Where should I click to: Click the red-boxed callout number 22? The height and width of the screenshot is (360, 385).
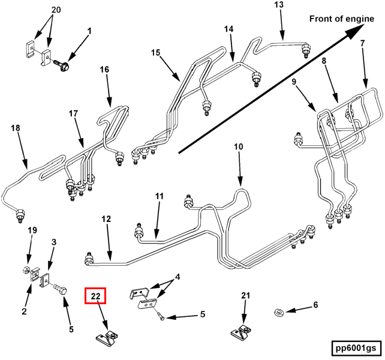tap(95, 296)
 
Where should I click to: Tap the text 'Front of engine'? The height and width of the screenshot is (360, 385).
tap(341, 19)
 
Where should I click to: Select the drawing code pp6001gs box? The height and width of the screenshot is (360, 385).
tap(355, 348)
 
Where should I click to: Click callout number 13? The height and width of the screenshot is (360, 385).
tap(279, 5)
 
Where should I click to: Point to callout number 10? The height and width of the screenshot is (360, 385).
tap(239, 147)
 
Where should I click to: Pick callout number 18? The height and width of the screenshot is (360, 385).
tap(16, 127)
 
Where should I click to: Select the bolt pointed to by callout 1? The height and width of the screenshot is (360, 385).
tap(63, 62)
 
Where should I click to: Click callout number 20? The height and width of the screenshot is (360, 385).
tap(56, 10)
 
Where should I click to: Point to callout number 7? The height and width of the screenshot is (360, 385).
tap(362, 43)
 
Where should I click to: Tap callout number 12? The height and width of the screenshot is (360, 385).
tap(106, 220)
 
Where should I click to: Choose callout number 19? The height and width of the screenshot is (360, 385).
tap(32, 230)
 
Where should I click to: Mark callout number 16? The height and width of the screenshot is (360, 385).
tap(104, 70)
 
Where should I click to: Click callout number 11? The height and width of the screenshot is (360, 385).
tap(159, 196)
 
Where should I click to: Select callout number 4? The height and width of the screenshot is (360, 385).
tap(177, 278)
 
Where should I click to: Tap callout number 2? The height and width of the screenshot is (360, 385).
tap(25, 311)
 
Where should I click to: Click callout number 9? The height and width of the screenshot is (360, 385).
tap(295, 81)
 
